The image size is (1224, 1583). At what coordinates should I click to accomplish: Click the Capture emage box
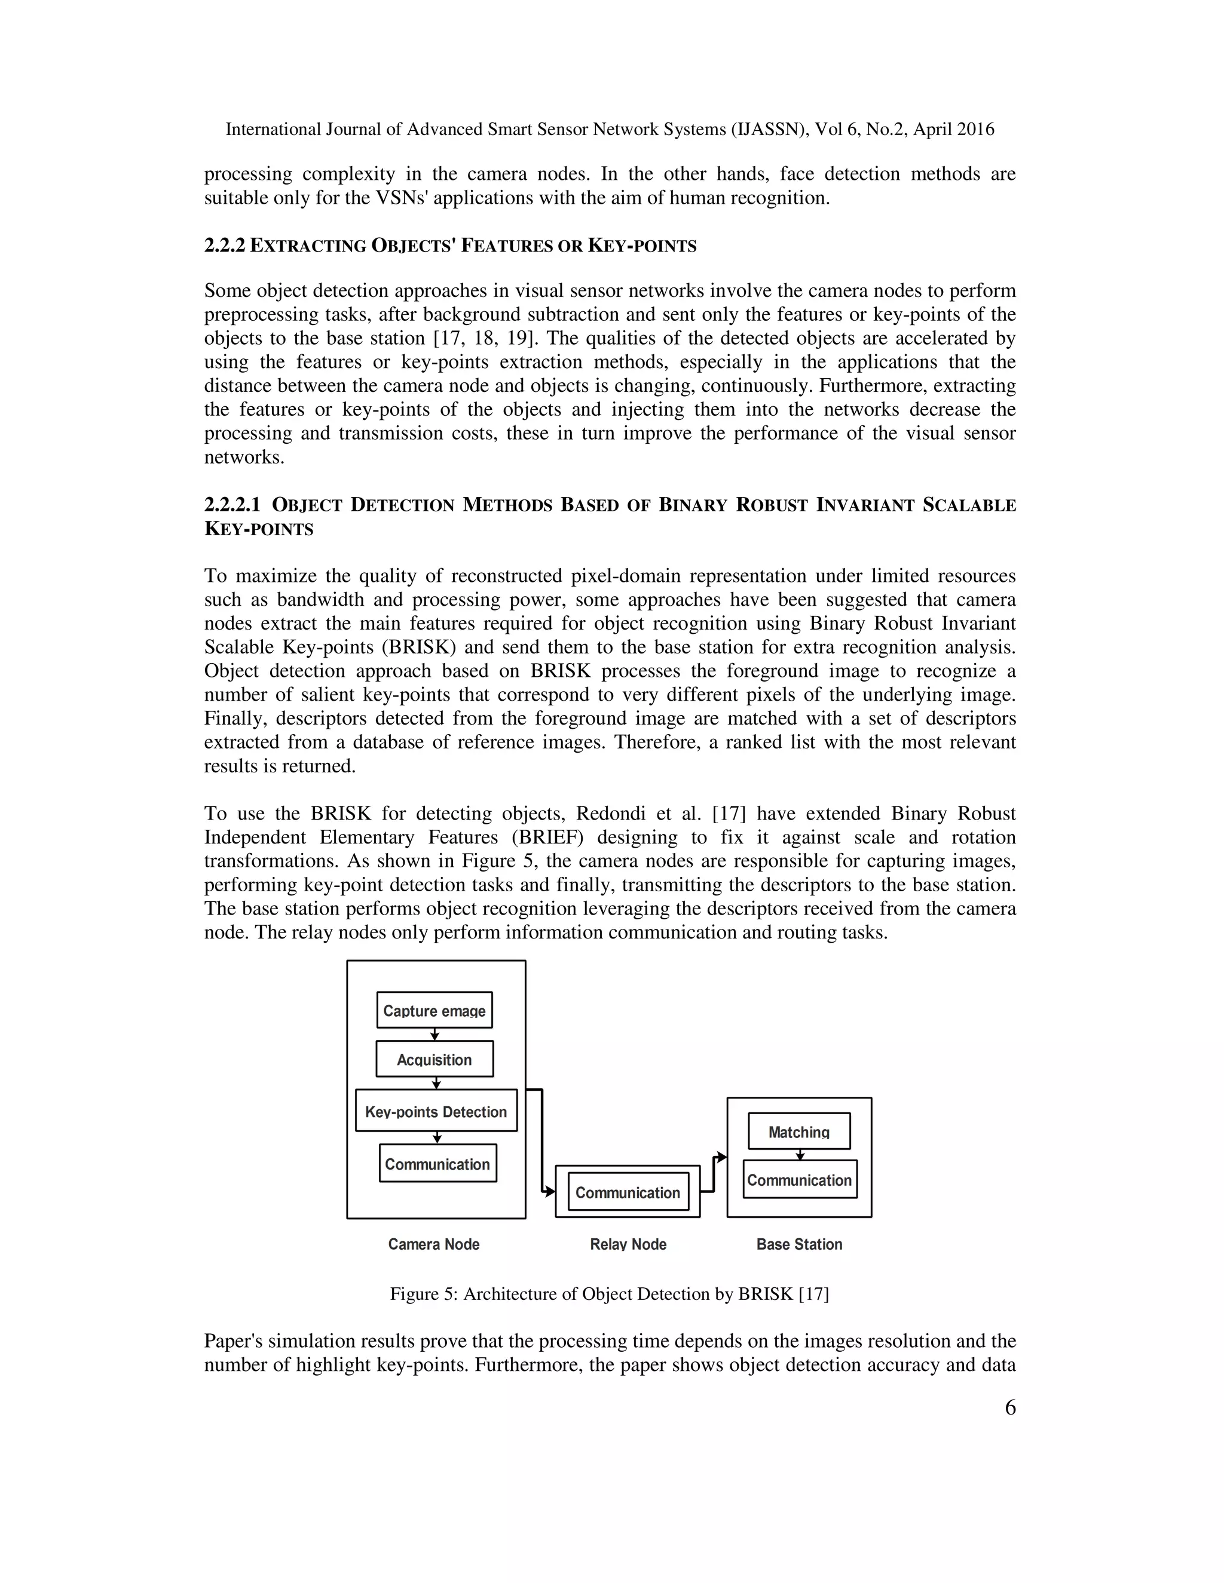click(x=434, y=1010)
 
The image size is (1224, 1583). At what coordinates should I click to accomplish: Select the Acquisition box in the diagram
click(x=434, y=1059)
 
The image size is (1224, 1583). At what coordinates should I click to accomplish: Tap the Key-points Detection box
click(x=436, y=1110)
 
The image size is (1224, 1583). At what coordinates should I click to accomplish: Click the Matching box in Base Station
click(x=799, y=1131)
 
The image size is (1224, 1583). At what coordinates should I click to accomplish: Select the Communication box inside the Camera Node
click(x=437, y=1163)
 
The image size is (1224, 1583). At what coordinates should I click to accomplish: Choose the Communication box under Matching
click(x=799, y=1179)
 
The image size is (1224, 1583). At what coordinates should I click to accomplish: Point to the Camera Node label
click(x=434, y=1244)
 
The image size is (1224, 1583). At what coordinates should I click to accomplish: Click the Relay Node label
click(x=628, y=1244)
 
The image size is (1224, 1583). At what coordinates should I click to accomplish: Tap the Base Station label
click(x=799, y=1244)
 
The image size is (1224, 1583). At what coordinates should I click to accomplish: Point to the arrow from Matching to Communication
click(x=800, y=1154)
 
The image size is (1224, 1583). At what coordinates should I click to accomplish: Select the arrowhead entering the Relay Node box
click(x=550, y=1192)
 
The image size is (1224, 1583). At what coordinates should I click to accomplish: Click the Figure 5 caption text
click(x=609, y=1294)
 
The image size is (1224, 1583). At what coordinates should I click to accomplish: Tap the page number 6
click(x=1010, y=1407)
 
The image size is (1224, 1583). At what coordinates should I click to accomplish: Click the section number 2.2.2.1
click(x=232, y=505)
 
